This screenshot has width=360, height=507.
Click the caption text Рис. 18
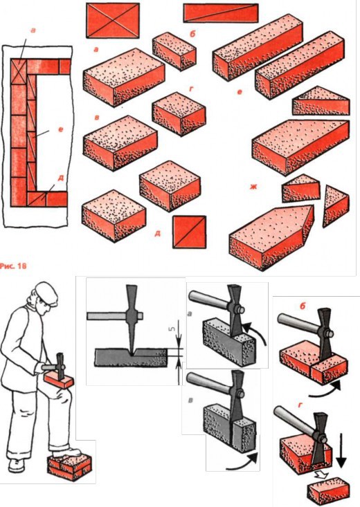13,266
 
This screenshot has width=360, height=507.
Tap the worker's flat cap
48,293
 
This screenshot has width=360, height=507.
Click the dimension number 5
172,329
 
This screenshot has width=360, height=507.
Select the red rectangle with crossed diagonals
113,20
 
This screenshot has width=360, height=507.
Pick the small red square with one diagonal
190,232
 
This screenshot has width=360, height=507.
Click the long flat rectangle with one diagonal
221,13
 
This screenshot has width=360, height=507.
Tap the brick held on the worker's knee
59,379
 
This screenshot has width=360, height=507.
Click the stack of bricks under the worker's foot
70,467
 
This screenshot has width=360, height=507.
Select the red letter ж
253,187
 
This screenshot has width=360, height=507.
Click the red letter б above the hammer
303,306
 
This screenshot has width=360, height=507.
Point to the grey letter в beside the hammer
190,400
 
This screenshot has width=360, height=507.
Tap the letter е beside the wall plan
60,129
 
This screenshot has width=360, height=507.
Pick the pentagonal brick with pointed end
271,236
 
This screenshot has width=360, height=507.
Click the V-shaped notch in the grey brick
132,352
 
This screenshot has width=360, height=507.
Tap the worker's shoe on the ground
16,466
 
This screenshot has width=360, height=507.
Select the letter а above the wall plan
33,30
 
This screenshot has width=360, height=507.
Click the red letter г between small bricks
190,89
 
